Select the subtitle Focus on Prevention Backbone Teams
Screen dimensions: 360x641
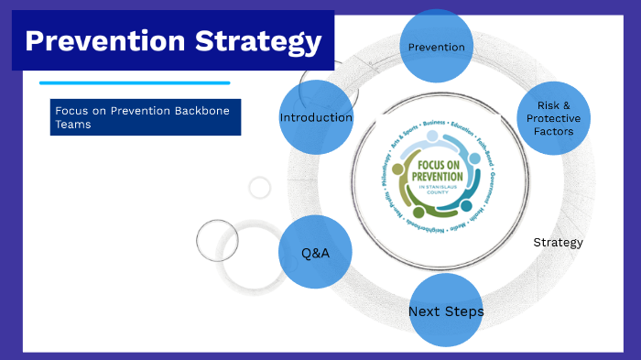(144, 117)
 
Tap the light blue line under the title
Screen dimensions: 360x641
(134, 82)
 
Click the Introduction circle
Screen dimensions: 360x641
(316, 117)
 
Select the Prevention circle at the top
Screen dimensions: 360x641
(436, 47)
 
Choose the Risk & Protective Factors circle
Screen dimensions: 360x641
(553, 118)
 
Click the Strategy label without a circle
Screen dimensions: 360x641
(558, 243)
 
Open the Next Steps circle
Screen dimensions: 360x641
(446, 311)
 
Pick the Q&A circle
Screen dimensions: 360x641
(315, 252)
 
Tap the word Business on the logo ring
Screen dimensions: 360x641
(434, 122)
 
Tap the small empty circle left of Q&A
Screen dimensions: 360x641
(217, 241)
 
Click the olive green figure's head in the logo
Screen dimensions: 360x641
(397, 169)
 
